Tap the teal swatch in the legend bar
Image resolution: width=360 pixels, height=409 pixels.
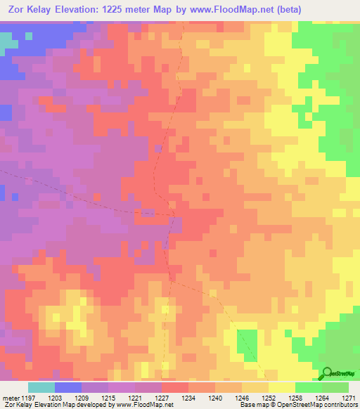coord(41,387)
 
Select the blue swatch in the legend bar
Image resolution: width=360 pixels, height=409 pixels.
coord(68,387)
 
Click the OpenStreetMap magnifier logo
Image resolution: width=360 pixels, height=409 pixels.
coord(327,375)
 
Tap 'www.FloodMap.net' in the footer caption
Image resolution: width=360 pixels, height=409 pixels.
coord(145,405)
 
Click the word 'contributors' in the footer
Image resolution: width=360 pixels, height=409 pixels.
coord(340,405)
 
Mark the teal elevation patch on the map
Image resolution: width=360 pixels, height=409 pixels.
coord(7,41)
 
